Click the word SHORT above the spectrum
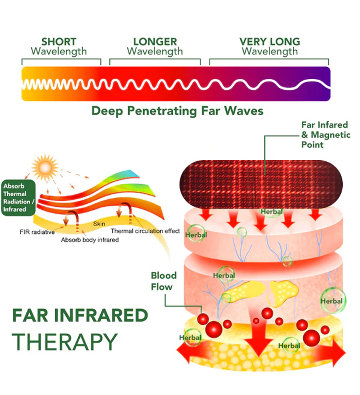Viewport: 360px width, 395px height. pos(59,42)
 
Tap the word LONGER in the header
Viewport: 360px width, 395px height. pos(155,42)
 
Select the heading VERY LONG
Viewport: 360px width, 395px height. pos(269,42)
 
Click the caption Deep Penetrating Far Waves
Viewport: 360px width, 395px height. pos(178,111)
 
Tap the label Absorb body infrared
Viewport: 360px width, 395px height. pos(89,239)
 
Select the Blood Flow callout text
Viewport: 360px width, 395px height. pos(164,281)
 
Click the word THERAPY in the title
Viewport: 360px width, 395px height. pos(64,342)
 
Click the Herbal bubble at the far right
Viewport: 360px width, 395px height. pos(332,301)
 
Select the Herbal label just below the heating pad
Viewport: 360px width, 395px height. pos(271,211)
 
